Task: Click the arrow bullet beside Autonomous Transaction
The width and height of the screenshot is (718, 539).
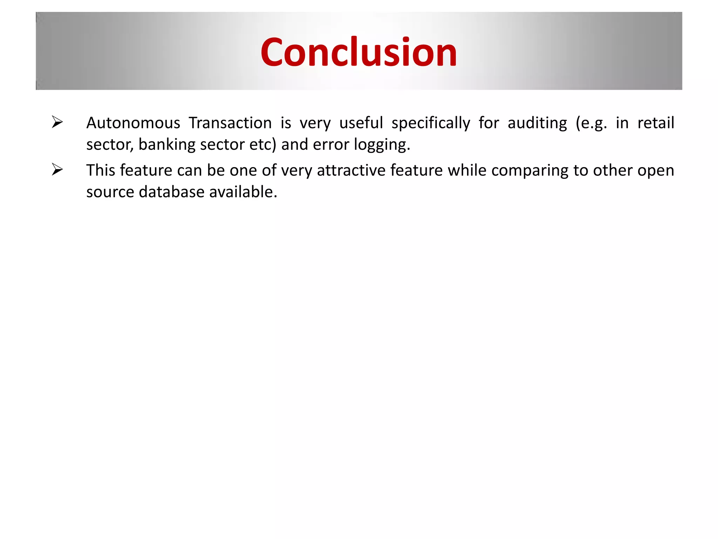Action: [x=57, y=122]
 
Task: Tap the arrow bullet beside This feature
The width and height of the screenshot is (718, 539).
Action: [x=57, y=169]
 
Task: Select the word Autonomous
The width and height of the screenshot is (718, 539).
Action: [x=133, y=123]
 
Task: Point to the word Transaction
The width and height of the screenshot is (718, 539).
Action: [x=230, y=123]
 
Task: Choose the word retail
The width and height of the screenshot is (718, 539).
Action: [x=656, y=123]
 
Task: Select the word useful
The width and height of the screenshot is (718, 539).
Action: [x=361, y=123]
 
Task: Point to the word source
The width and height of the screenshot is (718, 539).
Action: [x=110, y=192]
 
